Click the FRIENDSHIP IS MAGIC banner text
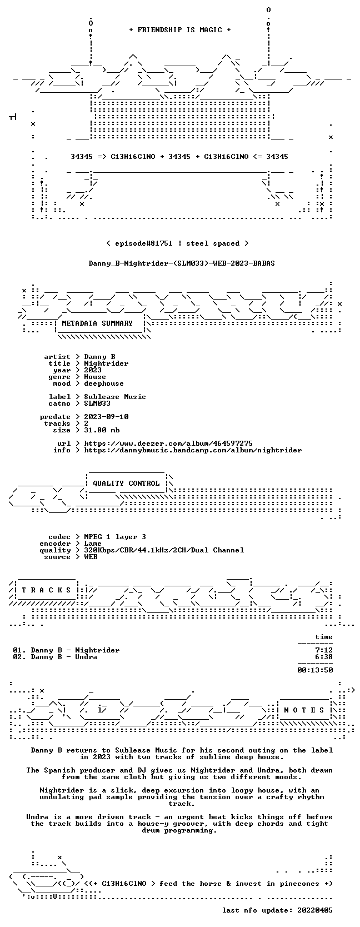coord(180,30)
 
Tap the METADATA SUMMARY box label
coord(97,323)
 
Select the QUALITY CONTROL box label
coord(126,484)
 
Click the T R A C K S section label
coord(46,590)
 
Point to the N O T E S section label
coord(304,710)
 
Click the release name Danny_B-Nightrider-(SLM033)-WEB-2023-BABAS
coord(182,263)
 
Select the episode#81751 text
coord(143,243)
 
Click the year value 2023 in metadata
coord(93,370)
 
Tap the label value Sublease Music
coord(115,396)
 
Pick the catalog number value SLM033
coord(97,403)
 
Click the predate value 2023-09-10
coord(106,416)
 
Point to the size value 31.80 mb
coord(102,430)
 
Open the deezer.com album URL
coord(168,443)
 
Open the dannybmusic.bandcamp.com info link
coord(193,450)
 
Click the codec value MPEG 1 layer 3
coord(115,537)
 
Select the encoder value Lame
coord(93,544)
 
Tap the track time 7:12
coord(324,650)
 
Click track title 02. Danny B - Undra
coord(55,657)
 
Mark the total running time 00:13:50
coord(316,670)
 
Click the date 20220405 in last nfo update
coord(316,910)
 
